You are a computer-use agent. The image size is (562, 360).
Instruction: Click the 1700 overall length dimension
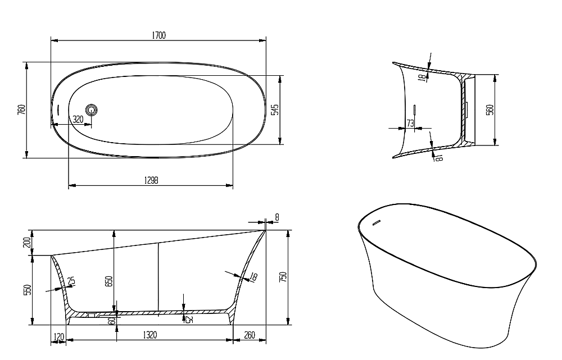[159, 35]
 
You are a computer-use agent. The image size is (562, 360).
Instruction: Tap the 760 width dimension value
[21, 110]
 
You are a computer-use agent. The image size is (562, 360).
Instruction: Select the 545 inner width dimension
[275, 110]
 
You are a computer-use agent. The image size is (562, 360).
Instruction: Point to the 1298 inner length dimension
[151, 180]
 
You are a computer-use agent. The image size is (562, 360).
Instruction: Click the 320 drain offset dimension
[78, 119]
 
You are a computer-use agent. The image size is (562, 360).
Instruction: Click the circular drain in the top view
[92, 110]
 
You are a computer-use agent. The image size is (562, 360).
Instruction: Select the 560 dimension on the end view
[490, 110]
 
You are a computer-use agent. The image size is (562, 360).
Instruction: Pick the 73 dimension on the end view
[410, 123]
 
